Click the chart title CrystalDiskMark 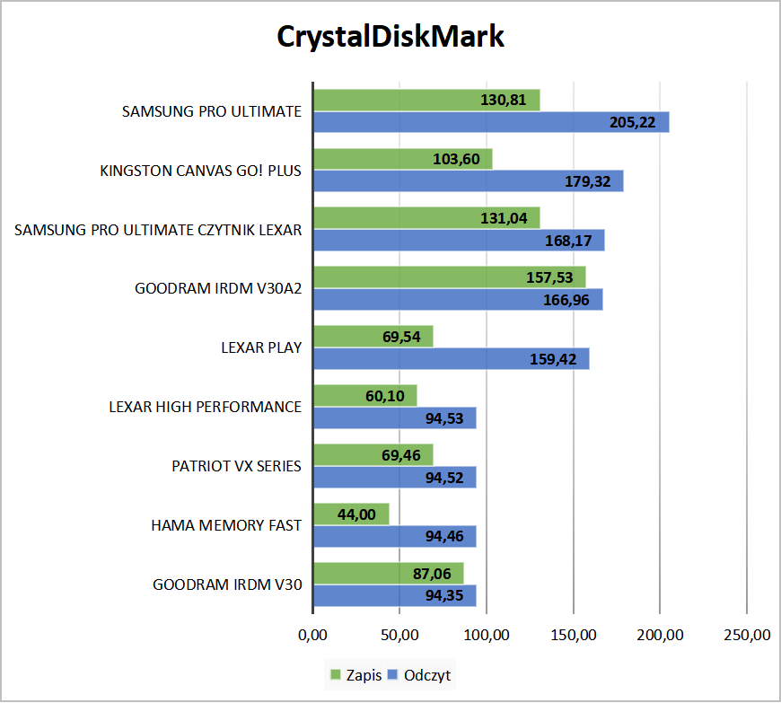click(390, 38)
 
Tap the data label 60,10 click(386, 396)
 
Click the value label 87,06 click(432, 573)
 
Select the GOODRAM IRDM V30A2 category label click(218, 289)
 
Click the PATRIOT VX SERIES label click(236, 467)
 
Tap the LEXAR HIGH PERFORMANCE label click(205, 407)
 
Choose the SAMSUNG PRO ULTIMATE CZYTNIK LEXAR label click(158, 230)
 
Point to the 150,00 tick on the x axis click(573, 636)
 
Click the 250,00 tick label click(747, 636)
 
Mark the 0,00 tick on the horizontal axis click(312, 636)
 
